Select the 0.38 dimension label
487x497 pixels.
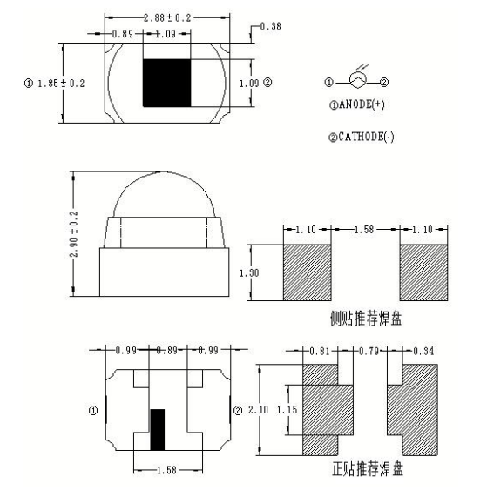(x=271, y=28)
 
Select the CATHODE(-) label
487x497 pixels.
(x=361, y=138)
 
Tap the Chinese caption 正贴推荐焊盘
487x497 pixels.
(x=368, y=469)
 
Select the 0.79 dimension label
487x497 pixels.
(x=373, y=351)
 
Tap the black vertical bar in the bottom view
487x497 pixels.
(x=158, y=428)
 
